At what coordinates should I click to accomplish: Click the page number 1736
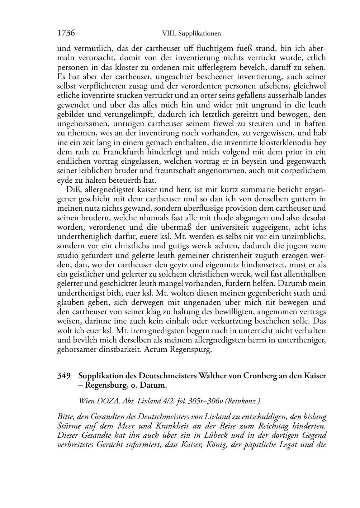point(66,33)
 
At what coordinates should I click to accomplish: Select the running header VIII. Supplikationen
point(191,34)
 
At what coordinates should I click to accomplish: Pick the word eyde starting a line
point(65,180)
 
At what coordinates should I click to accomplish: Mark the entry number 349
point(64,376)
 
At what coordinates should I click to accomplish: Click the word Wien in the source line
point(86,401)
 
